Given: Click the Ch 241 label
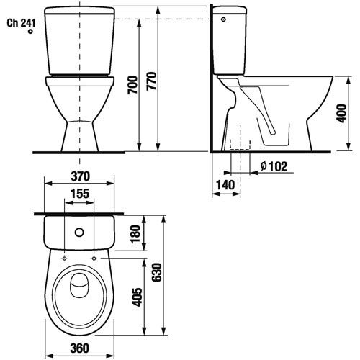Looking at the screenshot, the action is click(x=22, y=23).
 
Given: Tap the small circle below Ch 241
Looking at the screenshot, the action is click(x=30, y=32).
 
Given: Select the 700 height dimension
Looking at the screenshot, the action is click(x=132, y=85).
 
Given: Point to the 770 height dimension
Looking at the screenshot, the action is click(x=152, y=81).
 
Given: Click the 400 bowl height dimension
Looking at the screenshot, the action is click(x=342, y=113).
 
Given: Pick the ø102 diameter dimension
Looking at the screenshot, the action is click(x=274, y=166).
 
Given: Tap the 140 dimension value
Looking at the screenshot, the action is click(x=225, y=185).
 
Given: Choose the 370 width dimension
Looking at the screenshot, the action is click(x=80, y=176).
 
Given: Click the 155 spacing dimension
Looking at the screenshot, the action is click(x=80, y=194).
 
